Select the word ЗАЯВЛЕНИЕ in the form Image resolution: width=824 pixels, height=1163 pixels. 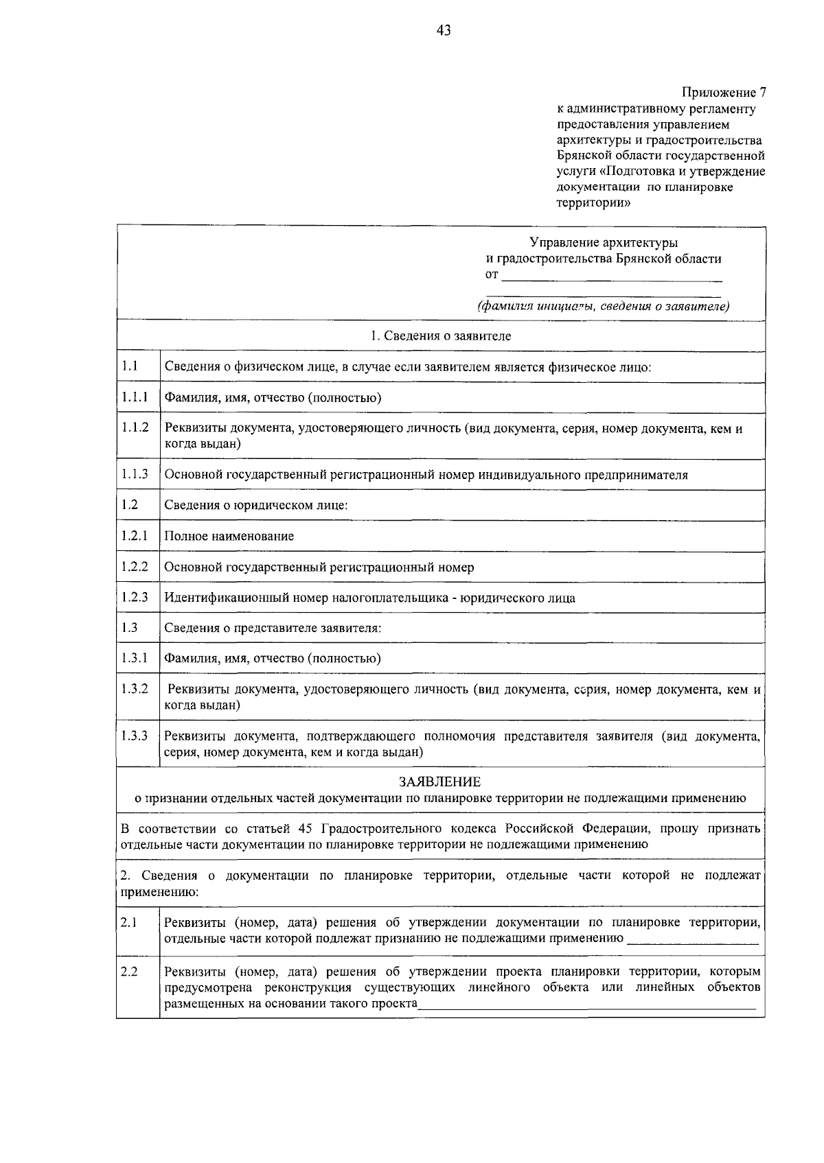tap(439, 782)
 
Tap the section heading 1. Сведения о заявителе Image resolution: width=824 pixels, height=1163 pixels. tap(440, 336)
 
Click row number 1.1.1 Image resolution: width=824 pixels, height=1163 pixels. tap(135, 397)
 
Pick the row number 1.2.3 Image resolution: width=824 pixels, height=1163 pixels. tap(135, 597)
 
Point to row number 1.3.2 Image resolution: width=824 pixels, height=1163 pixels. tap(135, 688)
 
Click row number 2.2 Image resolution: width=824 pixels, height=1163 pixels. tap(129, 972)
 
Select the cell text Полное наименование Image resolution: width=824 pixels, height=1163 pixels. tap(229, 536)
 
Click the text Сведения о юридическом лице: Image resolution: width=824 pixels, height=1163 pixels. tap(255, 506)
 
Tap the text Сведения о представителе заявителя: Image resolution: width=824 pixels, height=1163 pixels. tap(272, 628)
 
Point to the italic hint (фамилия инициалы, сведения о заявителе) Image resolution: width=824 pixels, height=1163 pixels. tap(604, 306)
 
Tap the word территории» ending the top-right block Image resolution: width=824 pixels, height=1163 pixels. tap(593, 202)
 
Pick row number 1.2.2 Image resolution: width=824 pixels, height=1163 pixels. tap(135, 566)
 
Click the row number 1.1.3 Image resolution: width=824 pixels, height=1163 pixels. tap(135, 474)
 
